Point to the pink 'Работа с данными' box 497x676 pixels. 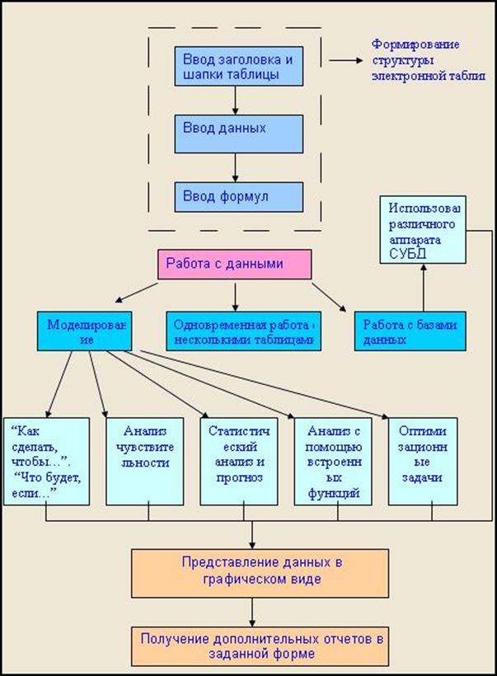coord(234,265)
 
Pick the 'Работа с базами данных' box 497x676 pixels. coord(406,331)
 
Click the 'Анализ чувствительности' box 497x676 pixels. coord(148,462)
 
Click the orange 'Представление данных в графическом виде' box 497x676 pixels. coord(251,571)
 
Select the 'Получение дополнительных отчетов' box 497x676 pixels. coord(251,645)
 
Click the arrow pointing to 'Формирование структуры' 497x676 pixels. coord(345,61)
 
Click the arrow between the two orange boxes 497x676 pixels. coord(251,612)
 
